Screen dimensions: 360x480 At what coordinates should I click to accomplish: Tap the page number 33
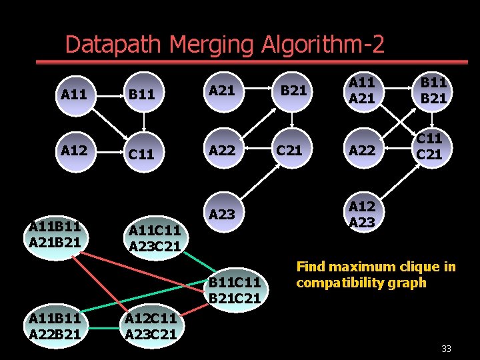(x=446, y=348)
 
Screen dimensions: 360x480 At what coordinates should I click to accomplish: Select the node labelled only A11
(x=73, y=95)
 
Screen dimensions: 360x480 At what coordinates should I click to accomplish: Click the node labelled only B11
(x=141, y=95)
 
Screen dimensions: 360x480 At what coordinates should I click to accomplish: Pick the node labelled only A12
(x=73, y=150)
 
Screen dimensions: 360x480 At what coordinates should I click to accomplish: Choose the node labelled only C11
(x=141, y=154)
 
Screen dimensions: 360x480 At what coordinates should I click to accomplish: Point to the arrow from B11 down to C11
(x=144, y=123)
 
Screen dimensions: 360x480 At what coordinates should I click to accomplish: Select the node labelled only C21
(x=289, y=150)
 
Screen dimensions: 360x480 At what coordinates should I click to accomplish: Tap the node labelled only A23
(x=222, y=214)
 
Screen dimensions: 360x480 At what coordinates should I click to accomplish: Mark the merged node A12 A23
(x=362, y=214)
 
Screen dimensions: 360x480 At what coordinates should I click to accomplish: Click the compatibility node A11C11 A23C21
(x=155, y=239)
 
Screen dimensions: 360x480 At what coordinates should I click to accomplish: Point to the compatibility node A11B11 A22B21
(x=55, y=327)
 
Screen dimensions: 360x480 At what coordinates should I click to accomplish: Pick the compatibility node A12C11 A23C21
(x=151, y=327)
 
